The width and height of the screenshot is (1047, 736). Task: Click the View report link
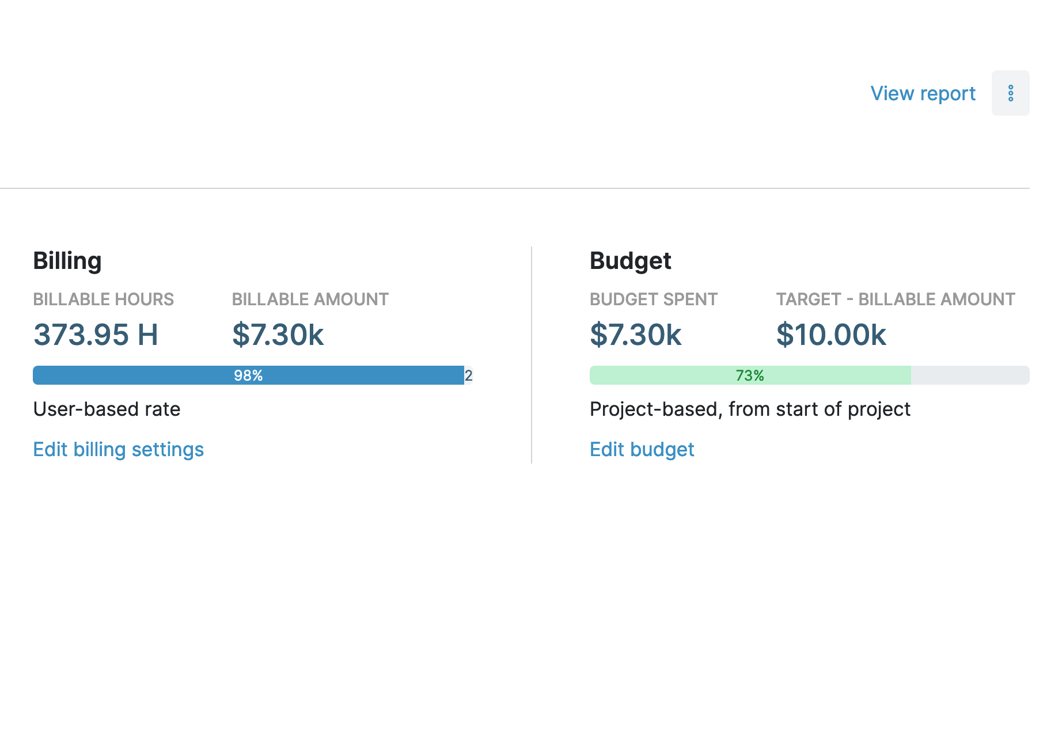923,93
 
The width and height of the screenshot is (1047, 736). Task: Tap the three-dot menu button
1010,93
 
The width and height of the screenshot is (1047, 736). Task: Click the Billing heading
67,261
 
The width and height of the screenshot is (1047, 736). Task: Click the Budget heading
630,261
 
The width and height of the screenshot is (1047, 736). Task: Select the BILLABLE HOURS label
103,299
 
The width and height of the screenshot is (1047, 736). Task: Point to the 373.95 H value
96,335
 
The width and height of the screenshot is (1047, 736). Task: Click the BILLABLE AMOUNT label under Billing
310,299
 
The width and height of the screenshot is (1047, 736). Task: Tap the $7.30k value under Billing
278,335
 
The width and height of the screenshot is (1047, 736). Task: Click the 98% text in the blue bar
248,375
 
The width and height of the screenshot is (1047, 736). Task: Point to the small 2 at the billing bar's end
469,375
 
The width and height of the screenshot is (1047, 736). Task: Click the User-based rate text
107,409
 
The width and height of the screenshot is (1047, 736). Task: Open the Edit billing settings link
118,449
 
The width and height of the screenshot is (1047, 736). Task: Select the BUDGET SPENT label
653,299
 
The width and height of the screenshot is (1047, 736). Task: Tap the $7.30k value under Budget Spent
635,335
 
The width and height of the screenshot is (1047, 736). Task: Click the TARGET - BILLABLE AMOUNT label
895,299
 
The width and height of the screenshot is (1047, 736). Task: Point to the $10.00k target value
830,335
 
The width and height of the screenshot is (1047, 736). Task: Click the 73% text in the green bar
750,375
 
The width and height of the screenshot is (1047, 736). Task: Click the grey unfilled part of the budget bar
970,375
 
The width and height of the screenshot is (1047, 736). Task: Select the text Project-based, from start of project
750,409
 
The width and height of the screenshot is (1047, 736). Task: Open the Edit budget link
642,449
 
